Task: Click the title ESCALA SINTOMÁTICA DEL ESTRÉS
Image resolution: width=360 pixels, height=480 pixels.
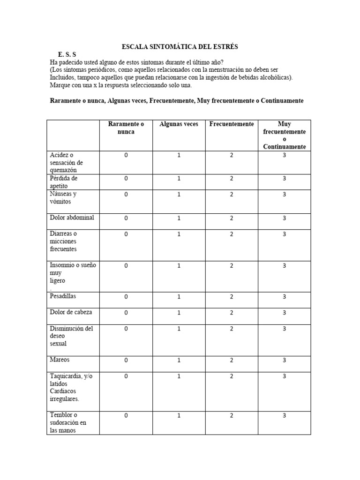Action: click(180, 46)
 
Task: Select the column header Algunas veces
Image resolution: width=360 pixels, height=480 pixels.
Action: click(179, 124)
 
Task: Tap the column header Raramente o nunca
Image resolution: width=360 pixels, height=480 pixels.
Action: click(126, 128)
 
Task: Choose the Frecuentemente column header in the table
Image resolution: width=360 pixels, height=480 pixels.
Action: click(232, 124)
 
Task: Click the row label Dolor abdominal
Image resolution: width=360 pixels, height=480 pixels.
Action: click(72, 217)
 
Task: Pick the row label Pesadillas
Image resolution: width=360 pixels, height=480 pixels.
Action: click(63, 296)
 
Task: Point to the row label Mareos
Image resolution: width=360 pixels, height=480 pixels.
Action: click(60, 360)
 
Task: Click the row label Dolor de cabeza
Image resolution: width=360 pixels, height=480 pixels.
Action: click(71, 312)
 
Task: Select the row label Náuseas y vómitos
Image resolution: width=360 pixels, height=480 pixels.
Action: click(64, 198)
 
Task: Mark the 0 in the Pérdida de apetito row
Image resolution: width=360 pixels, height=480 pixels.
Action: click(126, 179)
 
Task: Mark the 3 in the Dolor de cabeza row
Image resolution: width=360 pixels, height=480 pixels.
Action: click(284, 313)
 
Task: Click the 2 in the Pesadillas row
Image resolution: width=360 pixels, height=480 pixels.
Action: click(232, 297)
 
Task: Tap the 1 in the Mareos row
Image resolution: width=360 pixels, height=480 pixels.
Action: click(179, 360)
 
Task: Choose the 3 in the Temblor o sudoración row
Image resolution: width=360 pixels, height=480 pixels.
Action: click(284, 415)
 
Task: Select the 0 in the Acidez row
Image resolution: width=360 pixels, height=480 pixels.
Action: click(126, 155)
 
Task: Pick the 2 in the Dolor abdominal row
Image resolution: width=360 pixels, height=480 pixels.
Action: click(232, 218)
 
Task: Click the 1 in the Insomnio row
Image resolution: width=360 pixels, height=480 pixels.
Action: click(179, 266)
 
